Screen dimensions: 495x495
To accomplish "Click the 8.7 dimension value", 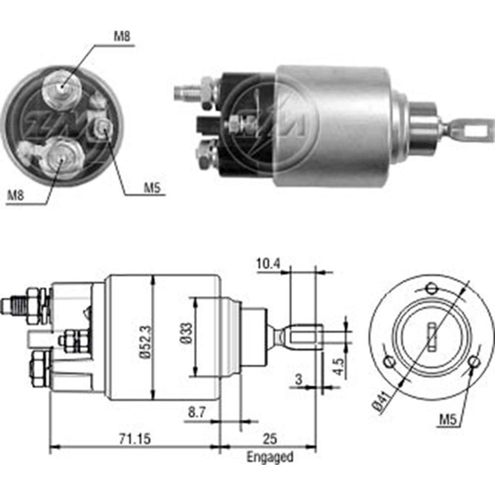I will point(197,412).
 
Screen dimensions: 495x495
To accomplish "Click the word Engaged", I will point(270,456).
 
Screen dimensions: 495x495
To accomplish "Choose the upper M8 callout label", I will point(122,36).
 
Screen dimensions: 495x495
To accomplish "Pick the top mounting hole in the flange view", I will point(431,288).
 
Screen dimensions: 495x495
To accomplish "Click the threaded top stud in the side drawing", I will point(15,305).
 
